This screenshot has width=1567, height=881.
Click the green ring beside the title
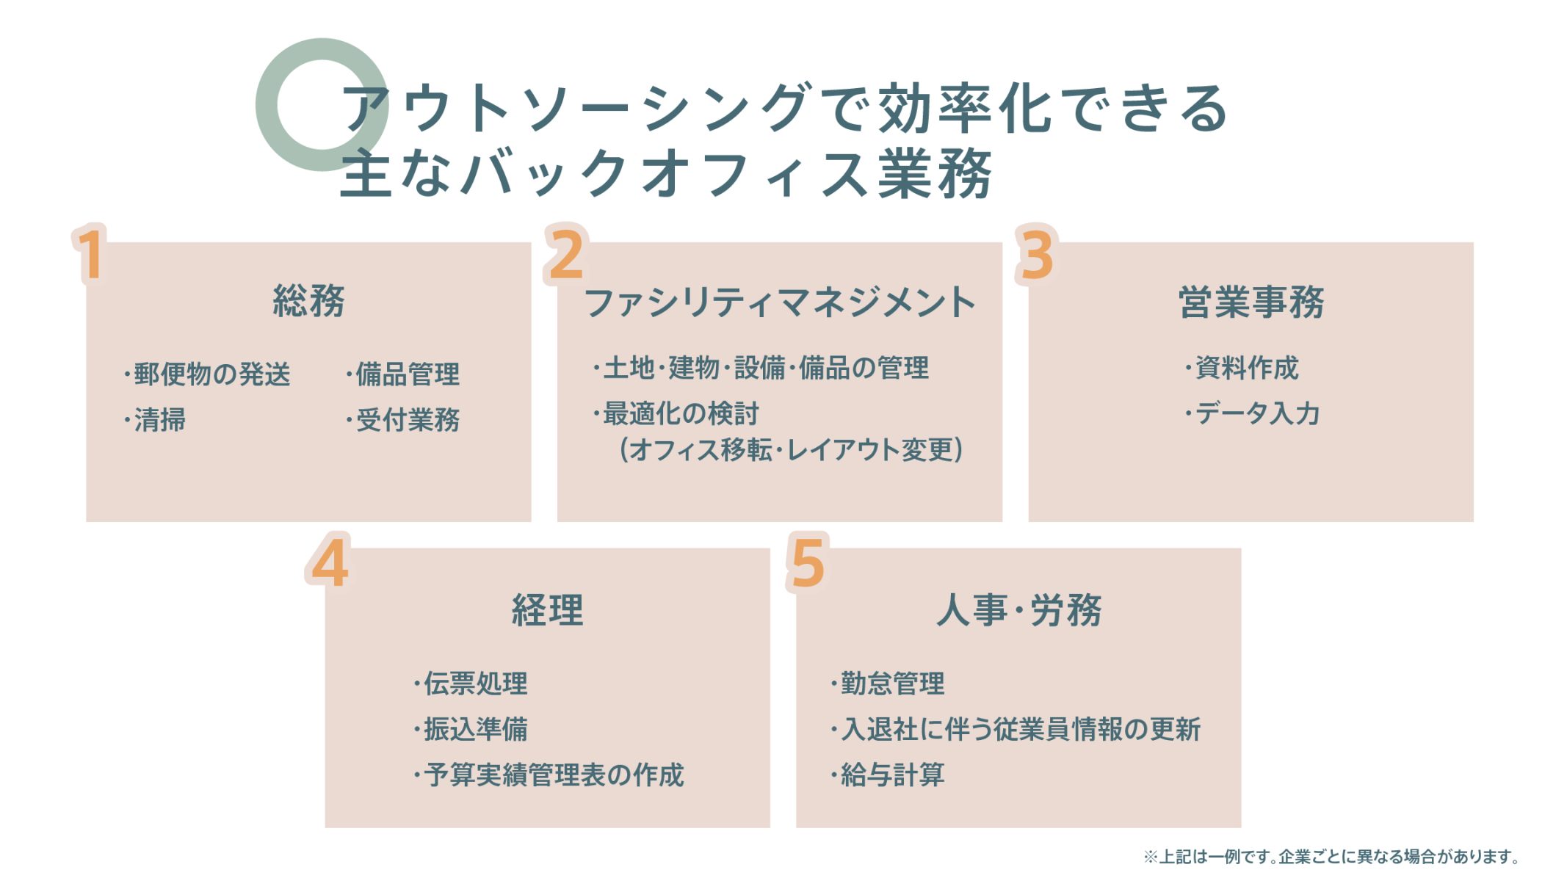coord(267,105)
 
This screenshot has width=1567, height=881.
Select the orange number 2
coord(566,254)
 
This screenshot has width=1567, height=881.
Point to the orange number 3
coord(1037,254)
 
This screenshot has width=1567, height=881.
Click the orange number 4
coord(328,562)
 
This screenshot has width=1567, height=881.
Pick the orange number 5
coord(808,562)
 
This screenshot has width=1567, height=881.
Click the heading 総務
coord(309,301)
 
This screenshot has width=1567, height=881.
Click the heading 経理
coord(548,609)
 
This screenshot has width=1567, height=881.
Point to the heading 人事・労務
coord(1019,609)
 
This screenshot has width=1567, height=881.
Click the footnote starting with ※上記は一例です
coord(1331,857)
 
